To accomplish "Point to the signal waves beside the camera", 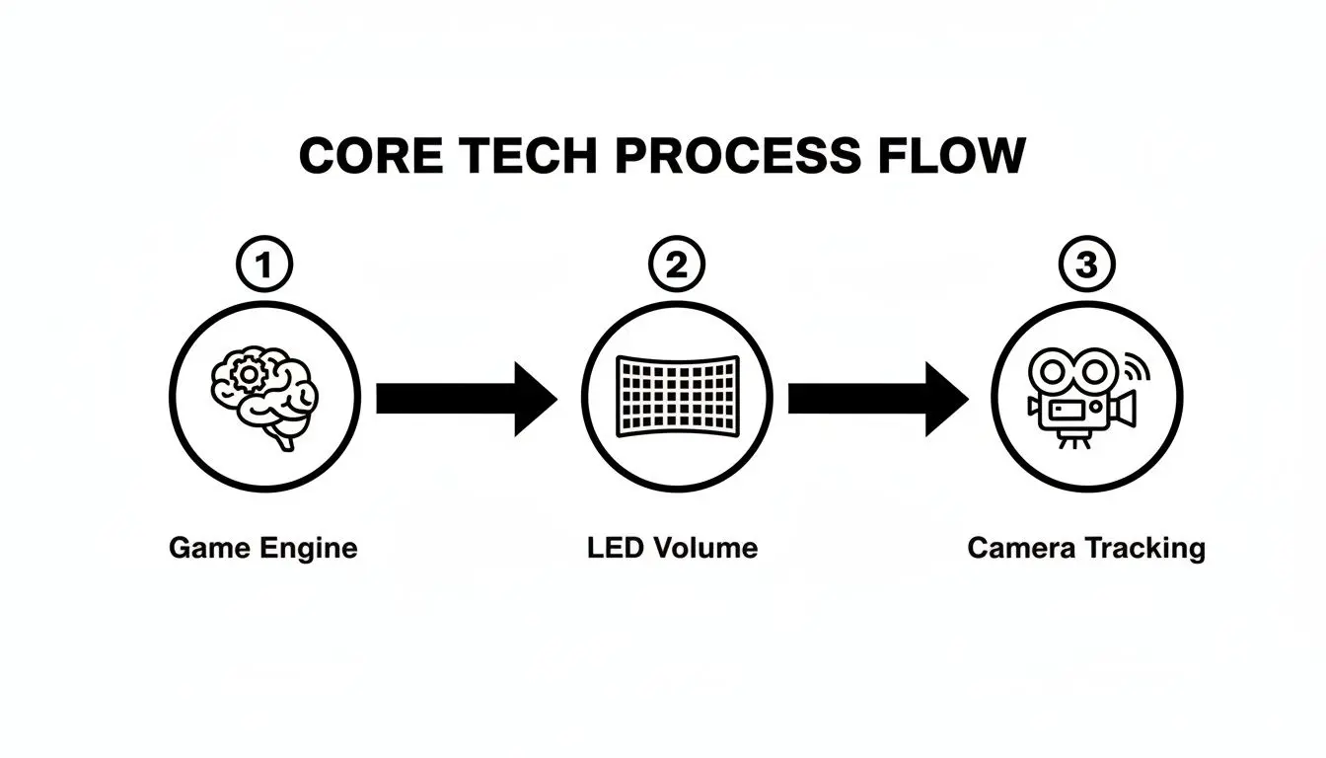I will coord(1137,370).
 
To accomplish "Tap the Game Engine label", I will coord(262,548).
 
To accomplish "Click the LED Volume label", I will coord(672,548).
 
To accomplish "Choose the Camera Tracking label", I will coord(1085,548).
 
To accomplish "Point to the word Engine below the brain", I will coord(308,548).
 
